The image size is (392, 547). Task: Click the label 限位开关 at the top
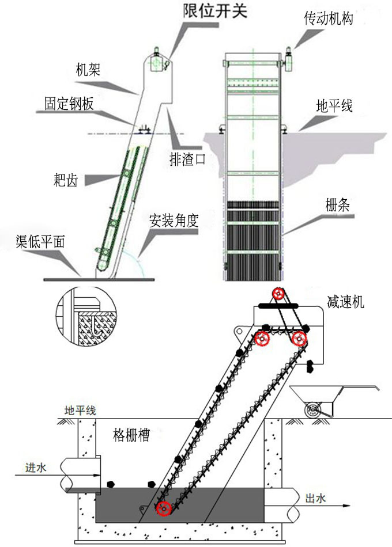214,10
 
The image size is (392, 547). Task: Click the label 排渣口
187,159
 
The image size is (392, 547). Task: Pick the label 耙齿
65,180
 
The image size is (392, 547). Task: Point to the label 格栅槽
131,435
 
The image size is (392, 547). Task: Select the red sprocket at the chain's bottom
164,509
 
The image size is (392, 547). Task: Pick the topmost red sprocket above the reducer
280,295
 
